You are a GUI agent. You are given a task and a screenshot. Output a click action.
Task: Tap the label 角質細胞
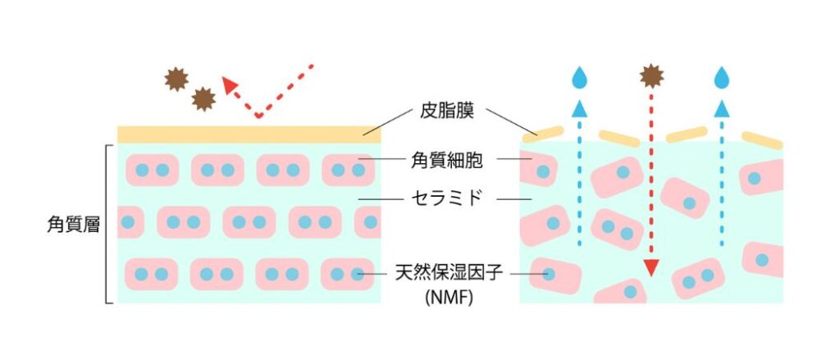(447, 160)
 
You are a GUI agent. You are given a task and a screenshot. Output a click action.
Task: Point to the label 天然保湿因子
(449, 273)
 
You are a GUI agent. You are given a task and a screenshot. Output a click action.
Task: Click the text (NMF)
(449, 298)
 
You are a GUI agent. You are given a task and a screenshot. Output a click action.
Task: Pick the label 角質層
(73, 225)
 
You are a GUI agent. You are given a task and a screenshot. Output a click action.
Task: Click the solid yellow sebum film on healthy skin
(249, 134)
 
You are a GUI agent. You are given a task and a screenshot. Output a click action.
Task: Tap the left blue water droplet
(579, 77)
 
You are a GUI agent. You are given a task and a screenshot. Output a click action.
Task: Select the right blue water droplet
(722, 77)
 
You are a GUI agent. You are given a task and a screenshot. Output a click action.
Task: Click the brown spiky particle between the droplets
(651, 76)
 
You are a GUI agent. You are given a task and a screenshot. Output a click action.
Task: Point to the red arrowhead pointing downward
(651, 268)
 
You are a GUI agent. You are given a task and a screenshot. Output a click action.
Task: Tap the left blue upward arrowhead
(578, 109)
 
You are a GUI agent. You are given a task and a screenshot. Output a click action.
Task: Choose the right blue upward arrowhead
(722, 109)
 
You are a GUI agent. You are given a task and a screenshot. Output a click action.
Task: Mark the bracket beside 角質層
(109, 225)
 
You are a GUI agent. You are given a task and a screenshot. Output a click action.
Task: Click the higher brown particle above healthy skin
(177, 80)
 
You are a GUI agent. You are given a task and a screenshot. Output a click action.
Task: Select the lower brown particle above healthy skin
(203, 99)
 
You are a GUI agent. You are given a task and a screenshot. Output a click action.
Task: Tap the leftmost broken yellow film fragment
(543, 134)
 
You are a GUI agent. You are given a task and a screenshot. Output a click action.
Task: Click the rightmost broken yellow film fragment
(762, 140)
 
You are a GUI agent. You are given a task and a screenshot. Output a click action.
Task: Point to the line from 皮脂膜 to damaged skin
(511, 121)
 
